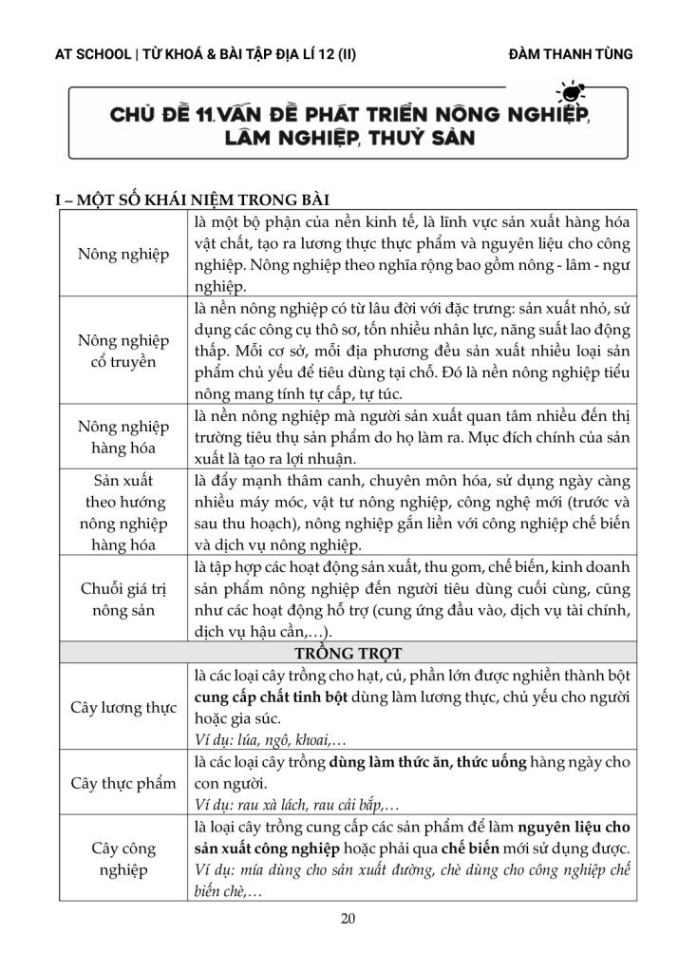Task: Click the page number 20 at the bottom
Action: click(x=348, y=918)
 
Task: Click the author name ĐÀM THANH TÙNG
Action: click(x=571, y=53)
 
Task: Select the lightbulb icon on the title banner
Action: click(x=572, y=94)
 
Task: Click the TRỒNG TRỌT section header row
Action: click(x=348, y=654)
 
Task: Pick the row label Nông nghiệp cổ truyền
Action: click(x=123, y=352)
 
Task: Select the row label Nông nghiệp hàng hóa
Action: click(x=123, y=437)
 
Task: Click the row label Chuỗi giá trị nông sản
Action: click(x=123, y=597)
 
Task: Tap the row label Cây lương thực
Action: click(x=123, y=708)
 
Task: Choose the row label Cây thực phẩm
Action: click(x=123, y=783)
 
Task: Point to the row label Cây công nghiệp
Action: click(x=123, y=859)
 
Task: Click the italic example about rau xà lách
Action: click(x=295, y=804)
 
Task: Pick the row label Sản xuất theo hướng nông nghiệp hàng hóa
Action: click(x=123, y=512)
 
